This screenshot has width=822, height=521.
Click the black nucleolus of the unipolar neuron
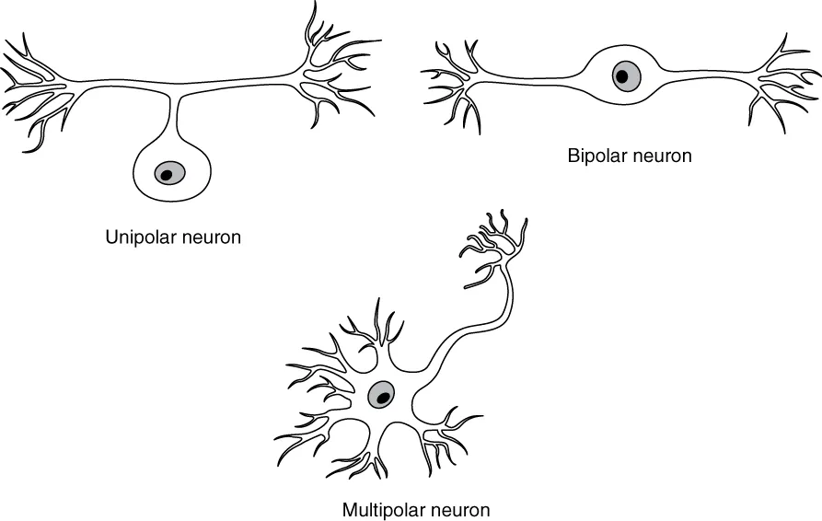pos(168,172)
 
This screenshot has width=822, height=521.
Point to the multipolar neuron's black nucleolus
pos(380,398)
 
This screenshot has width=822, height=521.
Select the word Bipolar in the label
pos(596,156)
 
